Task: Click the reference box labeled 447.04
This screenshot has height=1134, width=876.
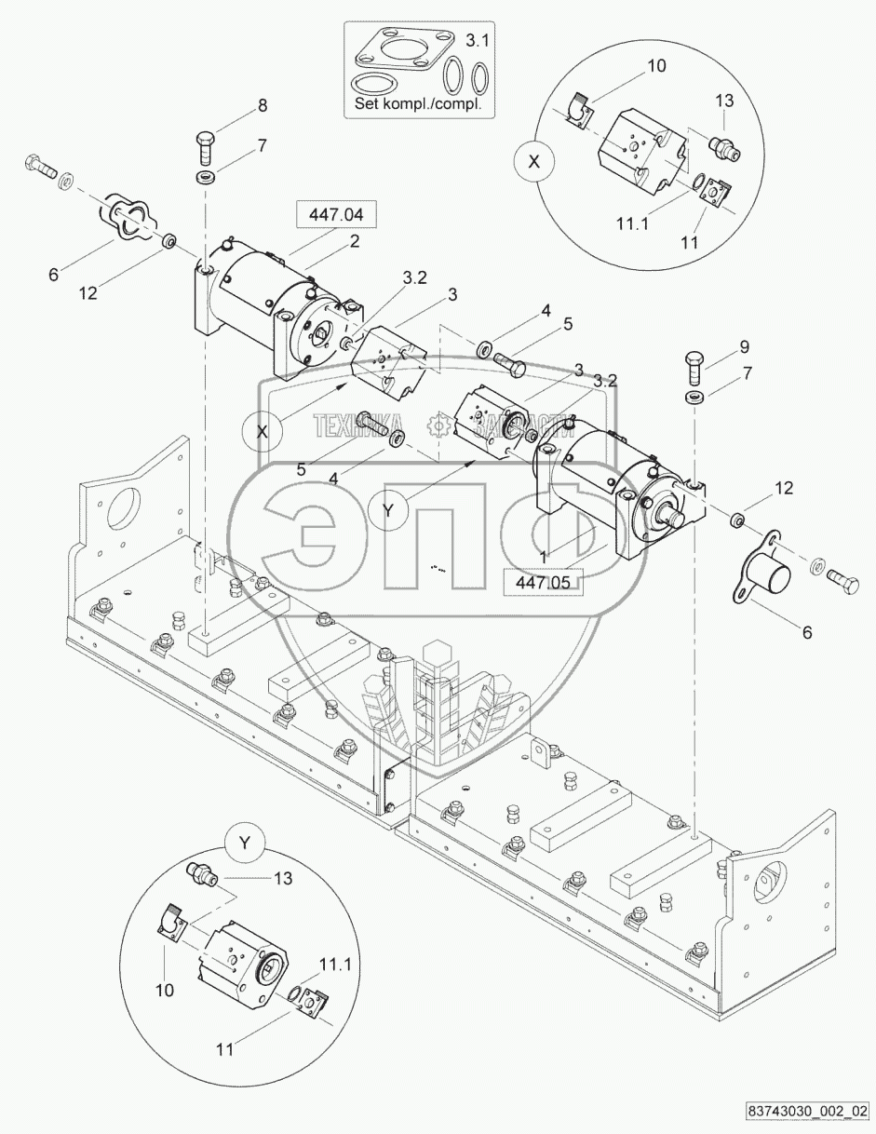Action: (337, 215)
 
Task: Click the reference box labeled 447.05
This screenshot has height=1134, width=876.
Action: (542, 582)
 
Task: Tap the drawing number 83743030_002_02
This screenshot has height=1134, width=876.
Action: (807, 1111)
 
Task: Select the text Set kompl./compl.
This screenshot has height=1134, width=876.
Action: (418, 104)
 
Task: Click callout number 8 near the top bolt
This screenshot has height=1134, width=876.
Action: (263, 106)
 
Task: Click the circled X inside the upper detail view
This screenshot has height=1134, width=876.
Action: (533, 161)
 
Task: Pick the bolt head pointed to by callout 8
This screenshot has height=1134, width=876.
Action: (206, 142)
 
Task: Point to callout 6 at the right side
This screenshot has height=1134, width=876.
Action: (806, 632)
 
